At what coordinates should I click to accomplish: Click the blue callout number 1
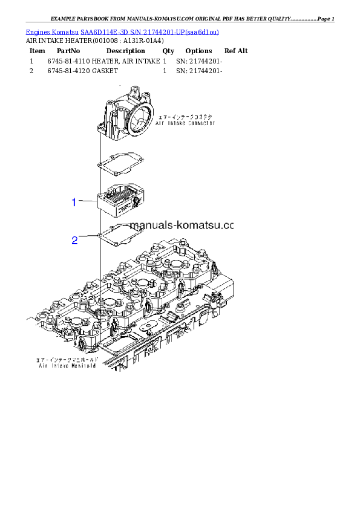point(74,203)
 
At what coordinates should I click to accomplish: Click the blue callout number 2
point(74,241)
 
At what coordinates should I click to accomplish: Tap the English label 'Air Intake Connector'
point(185,123)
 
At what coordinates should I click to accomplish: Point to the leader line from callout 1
point(87,201)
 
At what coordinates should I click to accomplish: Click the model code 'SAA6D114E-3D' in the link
point(102,31)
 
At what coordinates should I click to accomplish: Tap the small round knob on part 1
point(139,199)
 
